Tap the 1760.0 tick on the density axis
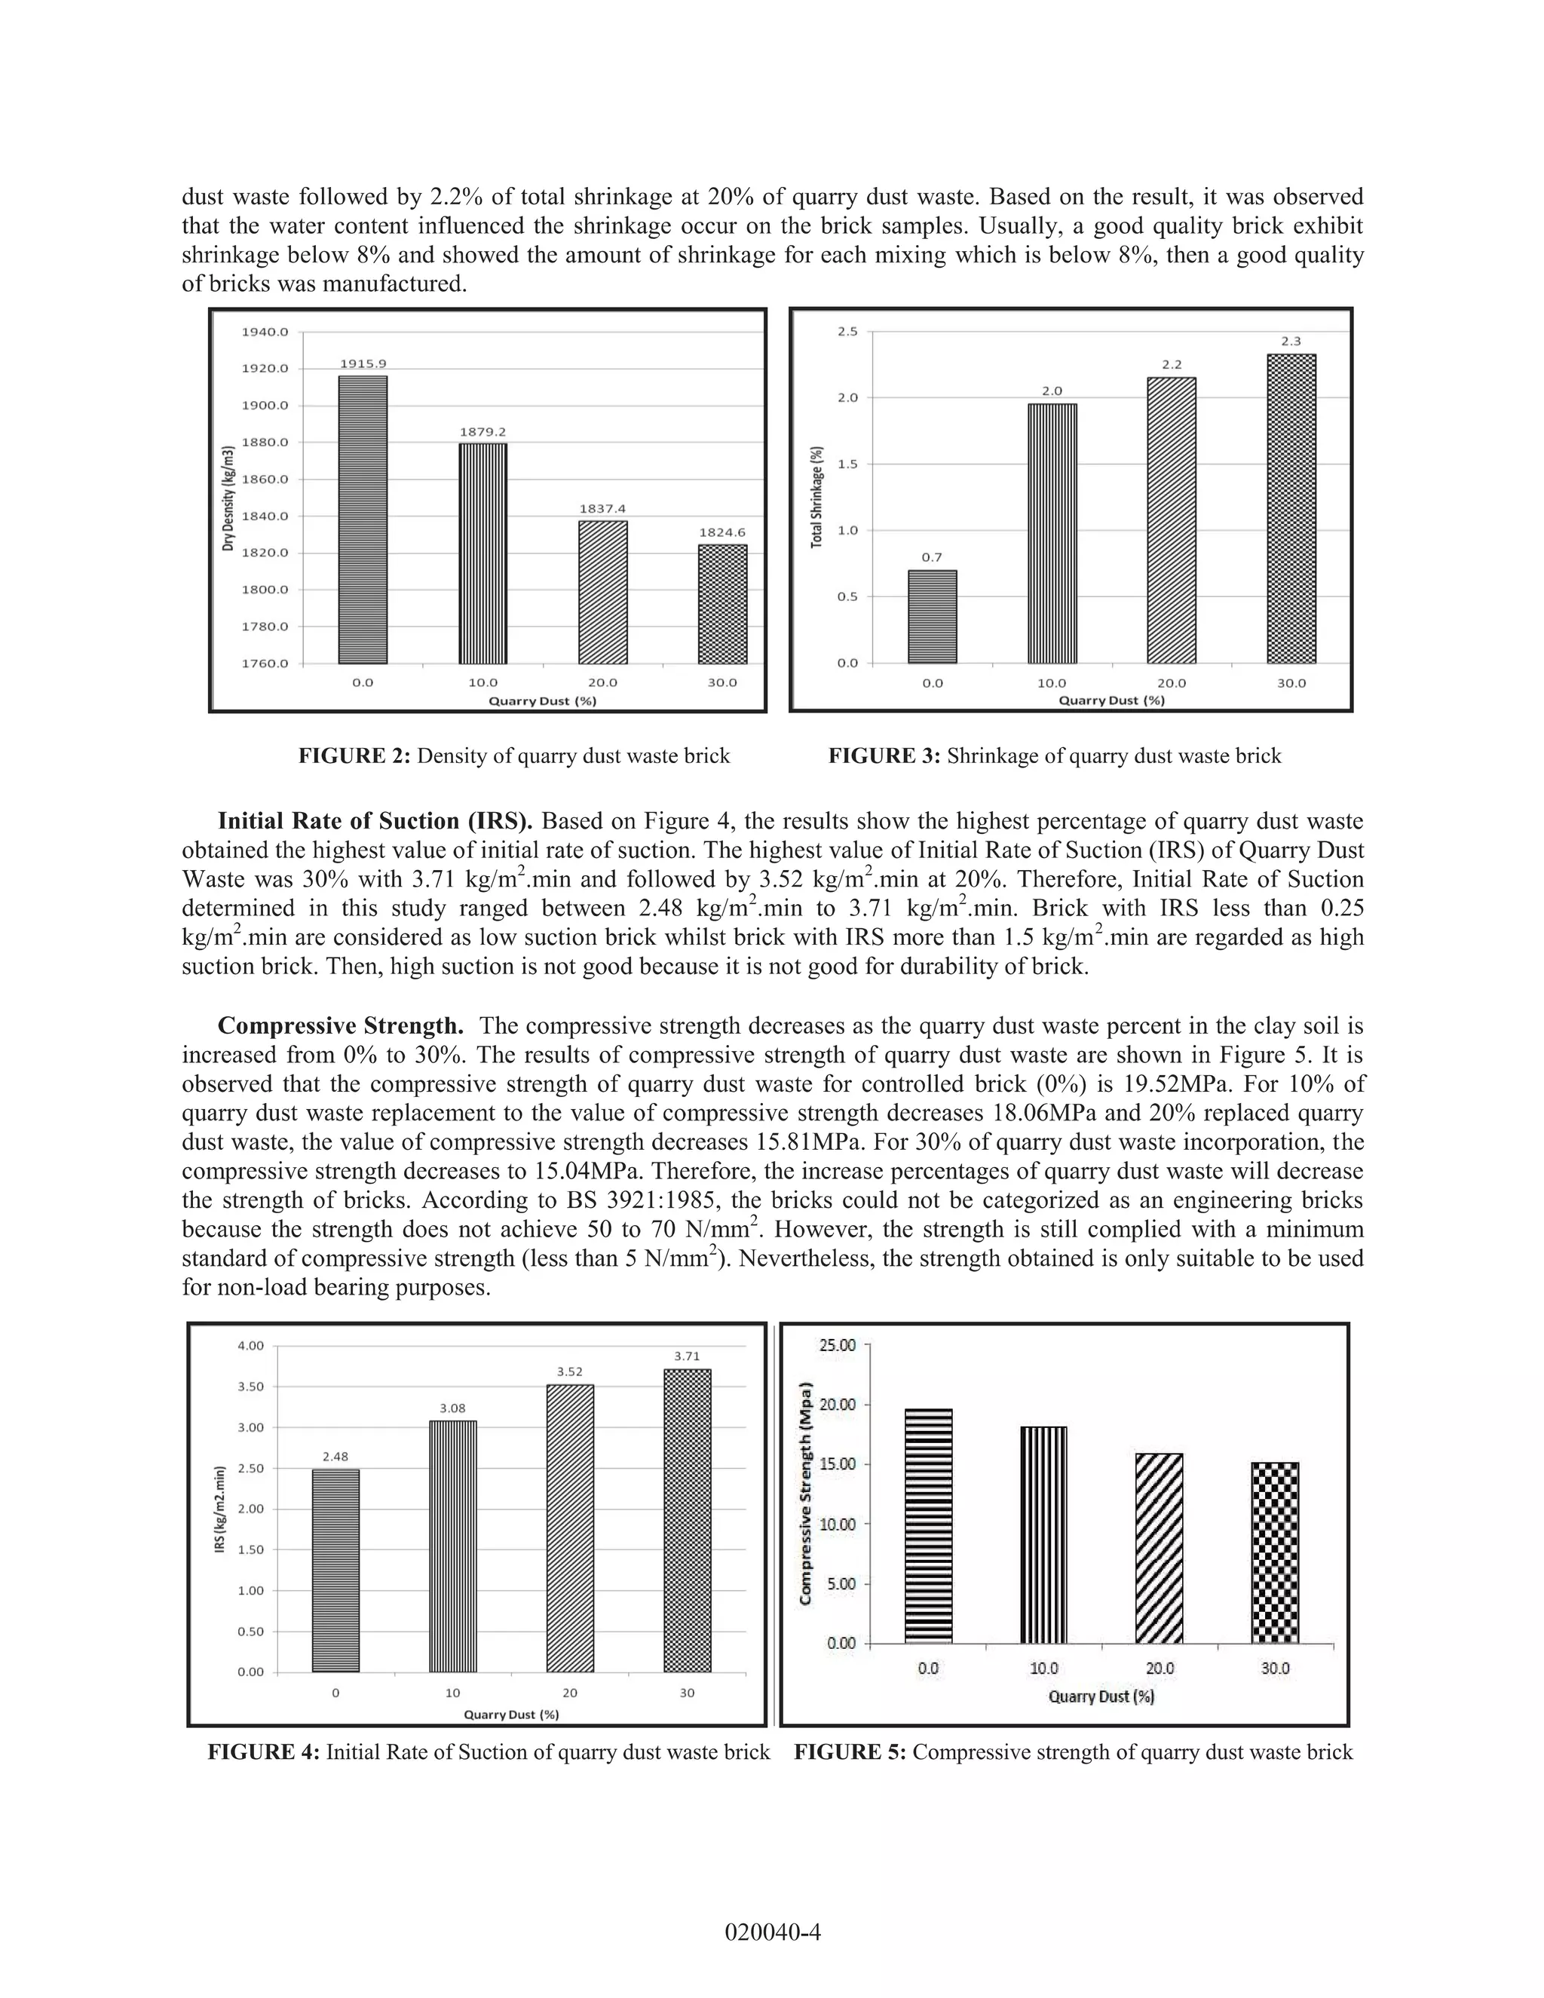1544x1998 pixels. [x=265, y=663]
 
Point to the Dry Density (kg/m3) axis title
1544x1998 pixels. [x=228, y=498]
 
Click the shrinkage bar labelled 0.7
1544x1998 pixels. [x=932, y=617]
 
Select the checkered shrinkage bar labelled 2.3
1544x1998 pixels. [x=1291, y=509]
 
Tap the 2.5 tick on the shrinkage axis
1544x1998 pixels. [x=847, y=331]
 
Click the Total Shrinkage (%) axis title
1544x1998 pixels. [x=816, y=498]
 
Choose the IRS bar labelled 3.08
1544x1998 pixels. [x=453, y=1546]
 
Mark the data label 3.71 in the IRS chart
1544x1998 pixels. [x=687, y=1356]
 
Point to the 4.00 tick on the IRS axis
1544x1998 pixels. [x=250, y=1346]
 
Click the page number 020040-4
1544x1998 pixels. [x=772, y=1932]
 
